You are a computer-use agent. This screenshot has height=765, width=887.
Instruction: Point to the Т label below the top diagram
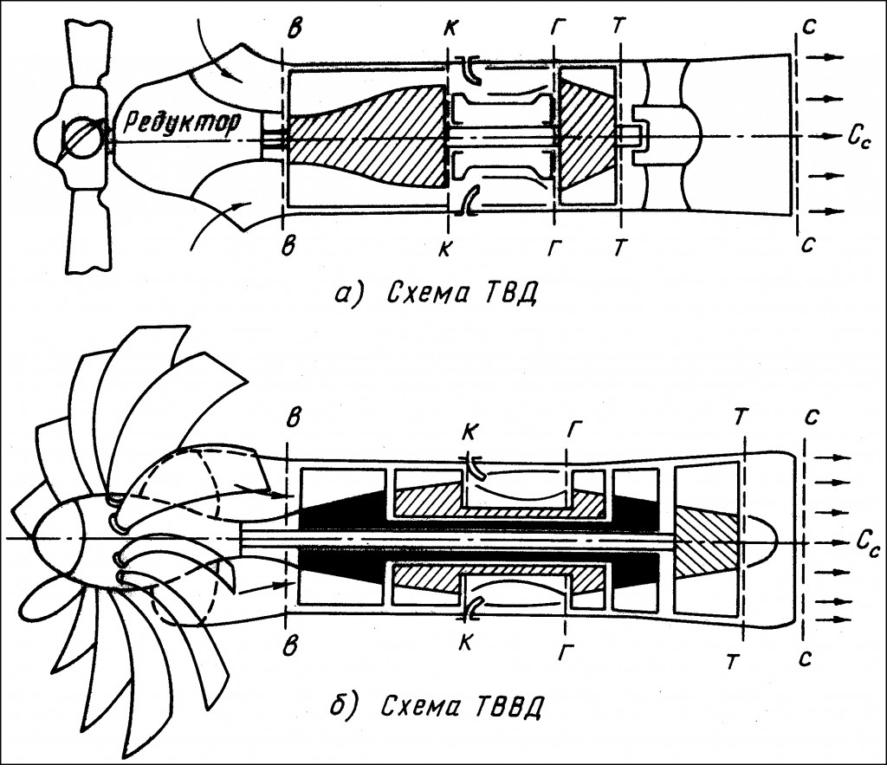click(x=620, y=248)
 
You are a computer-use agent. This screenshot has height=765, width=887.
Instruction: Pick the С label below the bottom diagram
click(x=806, y=659)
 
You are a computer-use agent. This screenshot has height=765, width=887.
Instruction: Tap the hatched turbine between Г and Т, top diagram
click(x=587, y=136)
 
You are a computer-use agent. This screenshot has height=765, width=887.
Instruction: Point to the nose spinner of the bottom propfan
click(x=56, y=537)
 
